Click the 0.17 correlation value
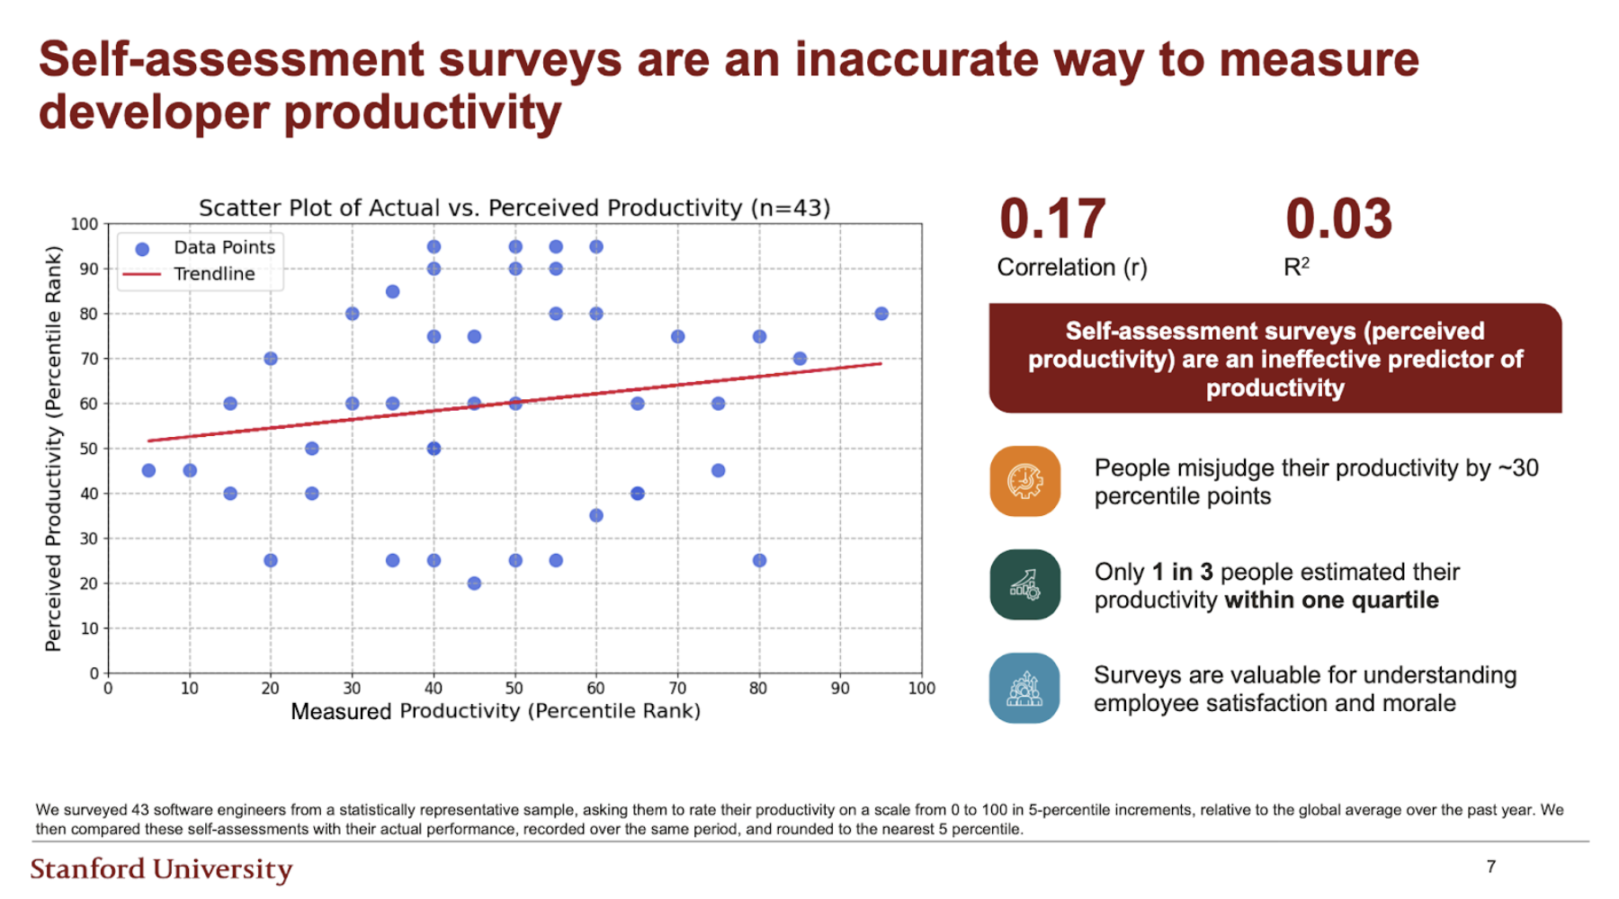(x=1051, y=219)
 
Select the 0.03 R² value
(x=1338, y=219)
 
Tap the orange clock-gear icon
(x=1024, y=481)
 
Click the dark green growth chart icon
(x=1024, y=584)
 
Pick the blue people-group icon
(x=1024, y=689)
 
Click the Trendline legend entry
(x=213, y=274)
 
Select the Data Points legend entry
(x=223, y=247)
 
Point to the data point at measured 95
(x=881, y=314)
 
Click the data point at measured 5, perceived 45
(x=148, y=470)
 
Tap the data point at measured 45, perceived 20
(x=474, y=583)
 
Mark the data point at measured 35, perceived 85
(x=392, y=291)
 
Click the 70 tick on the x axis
(x=677, y=689)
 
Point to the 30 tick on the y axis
(x=89, y=539)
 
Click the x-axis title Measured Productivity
(x=495, y=711)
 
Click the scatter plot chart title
(x=514, y=208)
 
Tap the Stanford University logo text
(x=161, y=868)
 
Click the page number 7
(x=1490, y=867)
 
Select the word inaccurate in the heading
(x=915, y=59)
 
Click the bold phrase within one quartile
(x=1331, y=600)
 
